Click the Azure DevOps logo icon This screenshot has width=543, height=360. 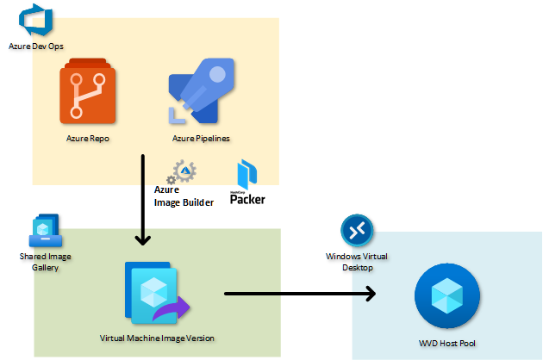35,20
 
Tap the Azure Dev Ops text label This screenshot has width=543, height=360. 36,47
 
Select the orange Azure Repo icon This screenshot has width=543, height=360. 88,91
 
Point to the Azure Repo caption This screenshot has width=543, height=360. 88,139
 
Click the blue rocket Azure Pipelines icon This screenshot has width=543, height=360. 201,91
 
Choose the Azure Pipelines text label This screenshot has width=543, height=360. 201,139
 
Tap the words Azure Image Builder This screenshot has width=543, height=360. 184,196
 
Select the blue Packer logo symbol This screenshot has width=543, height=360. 247,175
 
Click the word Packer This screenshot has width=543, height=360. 247,200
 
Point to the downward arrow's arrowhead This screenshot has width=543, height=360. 143,240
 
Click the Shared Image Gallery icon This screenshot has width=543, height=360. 46,231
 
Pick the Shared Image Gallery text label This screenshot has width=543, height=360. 46,262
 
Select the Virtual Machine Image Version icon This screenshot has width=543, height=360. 157,293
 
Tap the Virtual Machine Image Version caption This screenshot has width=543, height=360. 157,338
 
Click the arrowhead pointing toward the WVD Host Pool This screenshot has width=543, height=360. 371,294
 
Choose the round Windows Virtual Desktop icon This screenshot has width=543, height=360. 357,231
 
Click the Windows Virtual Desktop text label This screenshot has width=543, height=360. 357,262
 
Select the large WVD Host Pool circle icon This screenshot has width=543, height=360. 447,296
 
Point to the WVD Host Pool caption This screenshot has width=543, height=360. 447,344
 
